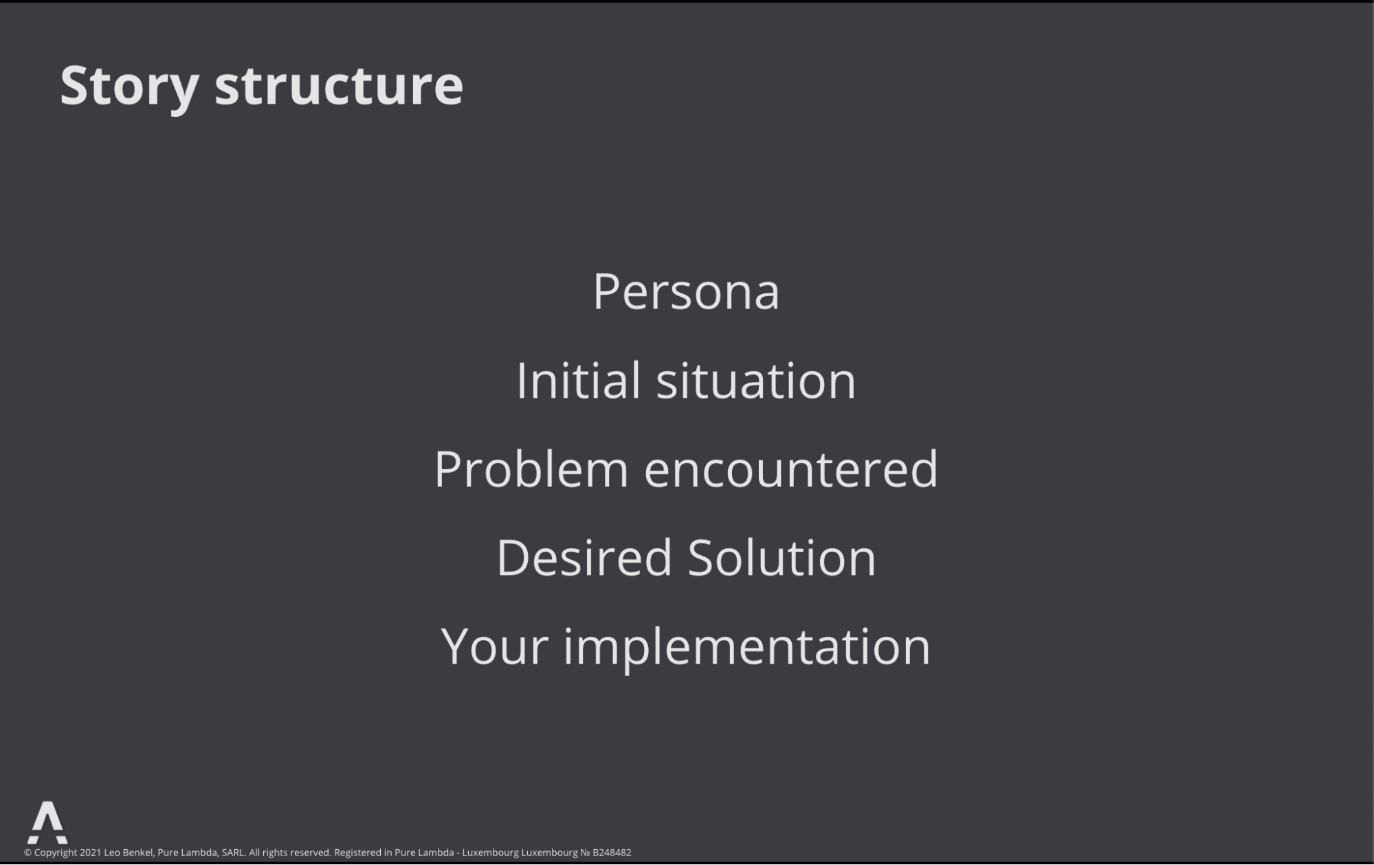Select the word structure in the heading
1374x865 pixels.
point(339,85)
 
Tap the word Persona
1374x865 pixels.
point(686,291)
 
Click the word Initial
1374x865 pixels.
point(579,379)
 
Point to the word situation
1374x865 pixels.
point(756,380)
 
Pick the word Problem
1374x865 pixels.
point(531,469)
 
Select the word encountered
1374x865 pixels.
point(791,469)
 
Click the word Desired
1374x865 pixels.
point(584,557)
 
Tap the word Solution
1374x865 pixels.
point(782,557)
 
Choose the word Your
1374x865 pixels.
point(495,646)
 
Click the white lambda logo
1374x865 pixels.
point(47,822)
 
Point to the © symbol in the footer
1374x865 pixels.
point(27,853)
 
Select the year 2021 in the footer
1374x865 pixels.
point(90,853)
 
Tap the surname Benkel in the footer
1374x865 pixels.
point(139,853)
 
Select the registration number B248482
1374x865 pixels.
point(612,853)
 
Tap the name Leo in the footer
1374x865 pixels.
point(112,853)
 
